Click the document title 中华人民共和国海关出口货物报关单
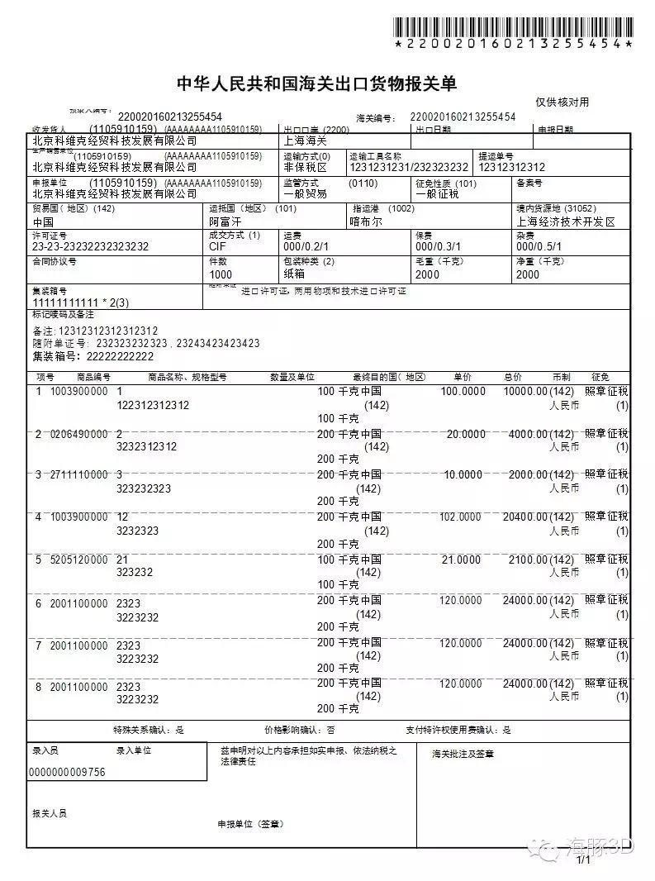[x=317, y=84]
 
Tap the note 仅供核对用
[x=562, y=102]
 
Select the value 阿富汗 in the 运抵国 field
[x=225, y=222]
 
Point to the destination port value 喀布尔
[x=367, y=222]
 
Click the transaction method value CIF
[x=218, y=247]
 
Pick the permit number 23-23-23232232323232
[x=90, y=247]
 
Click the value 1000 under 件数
[x=221, y=274]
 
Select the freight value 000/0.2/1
[x=306, y=247]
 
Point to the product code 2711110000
[x=79, y=475]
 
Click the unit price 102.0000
[x=460, y=517]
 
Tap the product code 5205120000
[x=79, y=560]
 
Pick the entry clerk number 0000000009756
[x=67, y=772]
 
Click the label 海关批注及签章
[x=463, y=754]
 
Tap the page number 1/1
[x=584, y=860]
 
